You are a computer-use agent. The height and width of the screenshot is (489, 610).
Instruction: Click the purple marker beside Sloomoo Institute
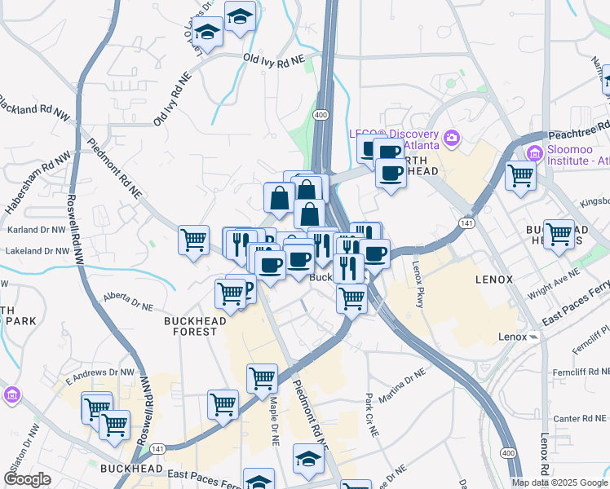[x=535, y=152]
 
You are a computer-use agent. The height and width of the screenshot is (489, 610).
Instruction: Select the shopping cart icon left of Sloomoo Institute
[x=520, y=174]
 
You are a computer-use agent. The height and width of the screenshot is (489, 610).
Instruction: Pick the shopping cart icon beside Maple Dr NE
[x=262, y=377]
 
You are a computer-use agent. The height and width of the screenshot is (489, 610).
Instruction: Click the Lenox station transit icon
[x=533, y=336]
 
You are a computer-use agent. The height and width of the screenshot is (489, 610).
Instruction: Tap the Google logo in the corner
[x=27, y=480]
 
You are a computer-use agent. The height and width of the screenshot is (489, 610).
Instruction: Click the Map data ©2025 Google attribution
[x=559, y=482]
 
